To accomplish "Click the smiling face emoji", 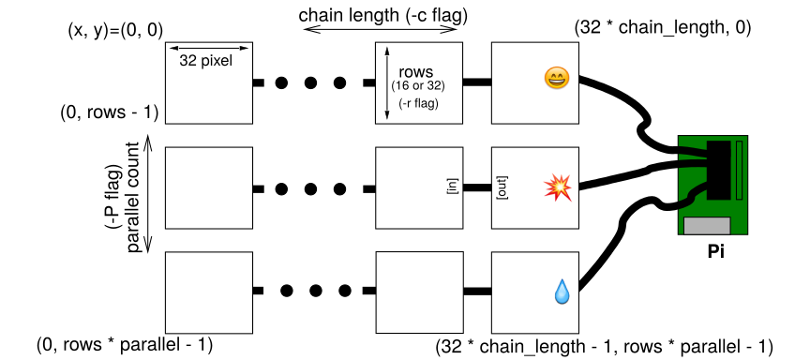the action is pos(557,79).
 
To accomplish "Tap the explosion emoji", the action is pos(559,187).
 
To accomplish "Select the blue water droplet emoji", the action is pos(561,292).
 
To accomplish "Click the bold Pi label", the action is pos(715,252).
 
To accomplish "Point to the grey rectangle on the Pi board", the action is pos(707,226).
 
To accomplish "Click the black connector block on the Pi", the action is pos(718,170).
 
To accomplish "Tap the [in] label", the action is pos(454,187).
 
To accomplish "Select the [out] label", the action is pos(500,188).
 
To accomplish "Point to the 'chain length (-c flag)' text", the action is pos(383,15).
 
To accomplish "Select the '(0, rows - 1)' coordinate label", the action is pos(109,112).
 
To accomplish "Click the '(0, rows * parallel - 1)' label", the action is pos(125,344).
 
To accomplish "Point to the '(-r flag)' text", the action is pos(418,104).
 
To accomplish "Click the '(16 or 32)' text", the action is pos(418,85).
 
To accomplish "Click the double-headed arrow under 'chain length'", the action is pos(381,29).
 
